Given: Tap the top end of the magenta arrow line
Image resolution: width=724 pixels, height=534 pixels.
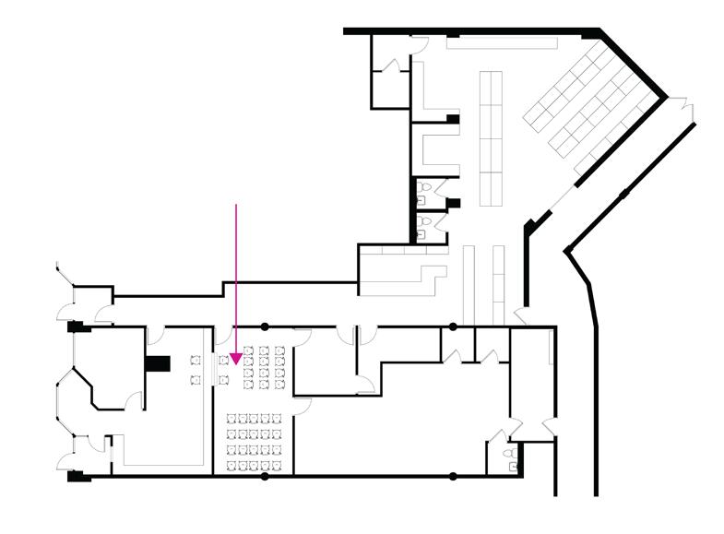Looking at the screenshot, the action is [x=237, y=205].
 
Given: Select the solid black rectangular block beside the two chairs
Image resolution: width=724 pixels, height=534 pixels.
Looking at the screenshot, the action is [x=159, y=362].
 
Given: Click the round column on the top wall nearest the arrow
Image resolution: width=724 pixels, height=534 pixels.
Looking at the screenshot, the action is [x=265, y=326].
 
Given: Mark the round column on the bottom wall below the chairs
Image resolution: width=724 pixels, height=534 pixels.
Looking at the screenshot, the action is [x=265, y=476].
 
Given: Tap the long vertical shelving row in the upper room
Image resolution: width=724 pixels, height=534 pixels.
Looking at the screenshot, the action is [x=490, y=138].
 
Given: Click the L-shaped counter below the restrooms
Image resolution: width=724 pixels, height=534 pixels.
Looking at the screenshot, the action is [x=406, y=274].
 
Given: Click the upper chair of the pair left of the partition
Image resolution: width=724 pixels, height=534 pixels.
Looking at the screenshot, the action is [x=196, y=359].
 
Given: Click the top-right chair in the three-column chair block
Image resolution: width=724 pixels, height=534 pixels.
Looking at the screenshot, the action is [x=278, y=350].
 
